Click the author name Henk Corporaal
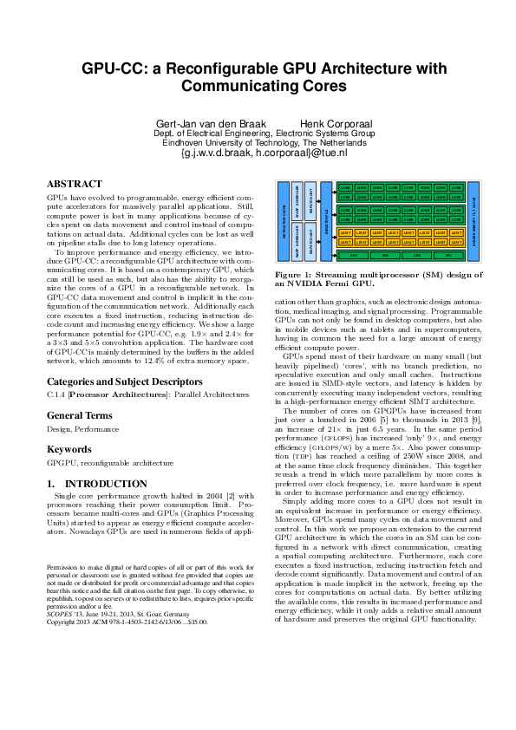(x=333, y=123)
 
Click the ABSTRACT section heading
(x=74, y=185)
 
